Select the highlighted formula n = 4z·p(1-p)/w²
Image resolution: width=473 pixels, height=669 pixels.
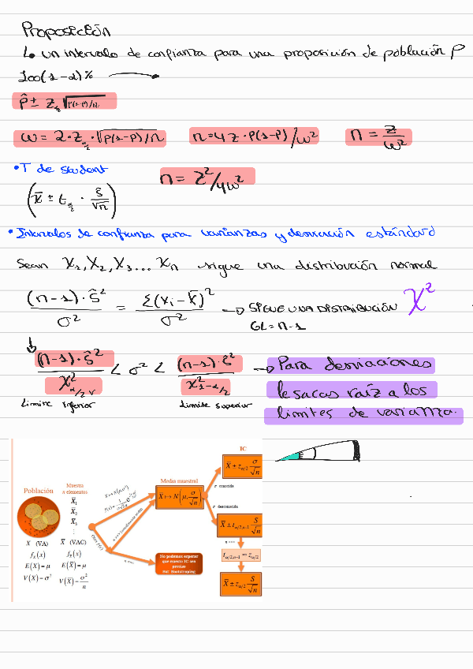(x=255, y=137)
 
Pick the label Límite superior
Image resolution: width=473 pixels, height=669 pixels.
(x=216, y=404)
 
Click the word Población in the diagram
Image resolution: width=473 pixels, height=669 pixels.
(x=39, y=491)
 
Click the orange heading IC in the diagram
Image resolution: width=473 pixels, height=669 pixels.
(x=244, y=449)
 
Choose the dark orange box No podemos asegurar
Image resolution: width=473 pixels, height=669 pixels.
(x=180, y=564)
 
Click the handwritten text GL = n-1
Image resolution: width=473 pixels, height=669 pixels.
(x=267, y=325)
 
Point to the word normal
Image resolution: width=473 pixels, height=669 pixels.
(x=413, y=266)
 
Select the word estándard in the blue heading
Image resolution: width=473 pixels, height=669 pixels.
(x=400, y=234)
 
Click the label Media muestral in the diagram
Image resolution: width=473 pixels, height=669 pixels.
(x=180, y=480)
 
